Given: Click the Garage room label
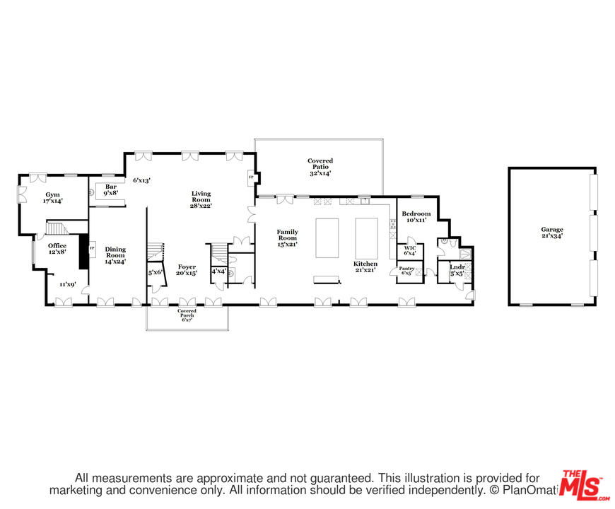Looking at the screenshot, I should pos(552,230).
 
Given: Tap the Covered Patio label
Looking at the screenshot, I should pos(320,161).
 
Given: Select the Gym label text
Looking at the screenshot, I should pos(53,194).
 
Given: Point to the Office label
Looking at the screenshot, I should pos(57,246).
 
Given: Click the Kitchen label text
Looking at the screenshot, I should pos(365,264).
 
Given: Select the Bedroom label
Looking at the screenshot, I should pos(416,213).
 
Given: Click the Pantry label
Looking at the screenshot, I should pos(406,269).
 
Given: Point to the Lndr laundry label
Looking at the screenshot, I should pos(457,267).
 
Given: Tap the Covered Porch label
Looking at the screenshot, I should pos(187,312).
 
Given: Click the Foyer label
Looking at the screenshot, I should pos(187,267).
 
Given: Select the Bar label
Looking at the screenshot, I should pos(110,187).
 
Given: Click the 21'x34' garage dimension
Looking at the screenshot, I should pos(552,237).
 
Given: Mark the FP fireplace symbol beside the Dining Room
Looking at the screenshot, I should pos(92,248).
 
